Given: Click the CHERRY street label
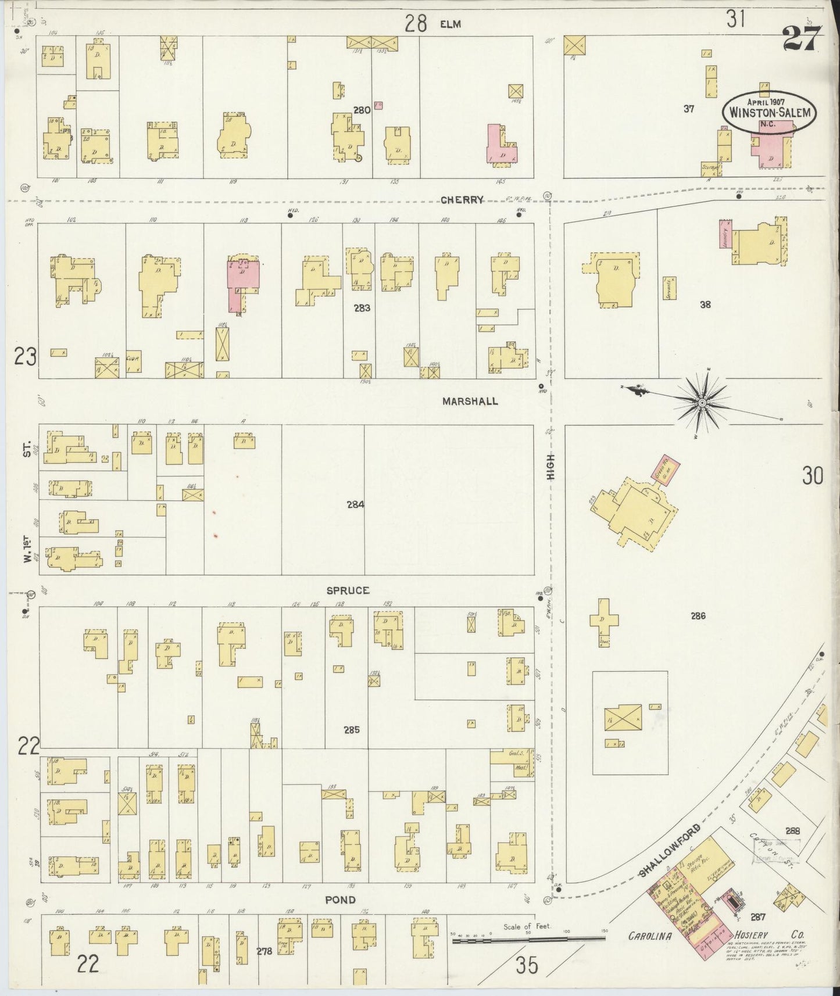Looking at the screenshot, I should [x=462, y=200].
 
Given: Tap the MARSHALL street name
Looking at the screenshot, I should [x=470, y=401].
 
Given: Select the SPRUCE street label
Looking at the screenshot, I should [x=348, y=590].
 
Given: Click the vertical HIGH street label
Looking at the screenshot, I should [x=551, y=467].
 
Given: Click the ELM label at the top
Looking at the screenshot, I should [x=450, y=24].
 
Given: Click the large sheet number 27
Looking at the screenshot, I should [x=801, y=39].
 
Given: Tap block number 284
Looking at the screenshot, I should [x=355, y=504].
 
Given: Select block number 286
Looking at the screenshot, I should [x=698, y=615].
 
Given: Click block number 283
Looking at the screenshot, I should [x=362, y=308].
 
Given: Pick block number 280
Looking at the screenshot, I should [x=362, y=109].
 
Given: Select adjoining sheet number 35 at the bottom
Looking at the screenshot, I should [x=526, y=966].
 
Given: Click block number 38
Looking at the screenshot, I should [x=705, y=304].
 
